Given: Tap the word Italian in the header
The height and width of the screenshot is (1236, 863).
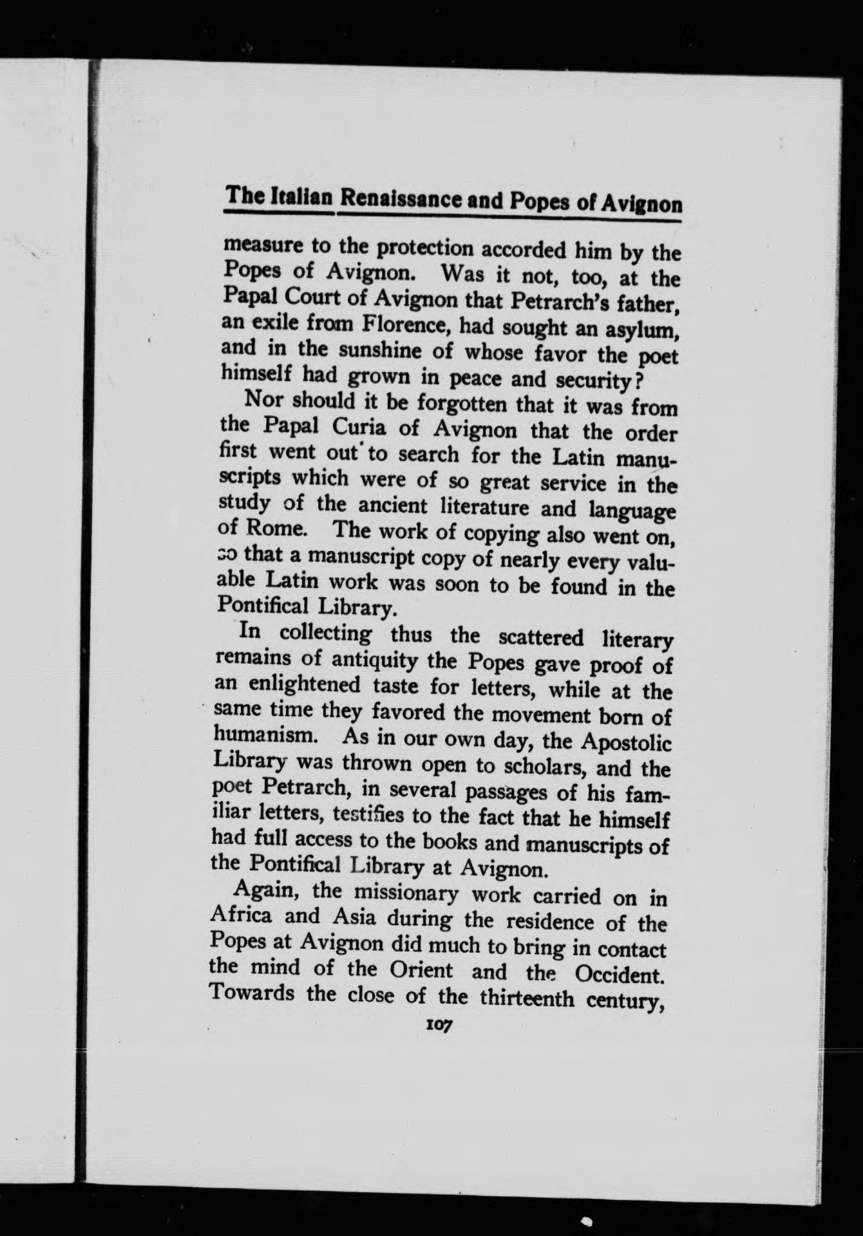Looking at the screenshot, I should tap(303, 195).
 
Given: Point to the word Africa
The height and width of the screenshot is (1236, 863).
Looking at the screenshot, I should tap(242, 916).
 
